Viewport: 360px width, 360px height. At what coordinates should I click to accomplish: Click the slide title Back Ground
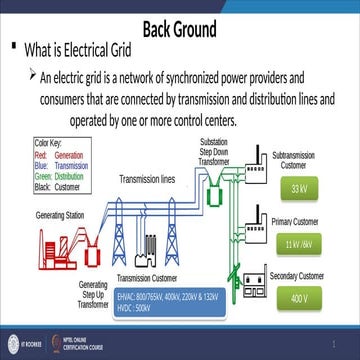[180, 27]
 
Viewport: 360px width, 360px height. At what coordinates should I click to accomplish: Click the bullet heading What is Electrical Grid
[89, 49]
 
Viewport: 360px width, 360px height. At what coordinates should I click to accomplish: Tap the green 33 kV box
[297, 189]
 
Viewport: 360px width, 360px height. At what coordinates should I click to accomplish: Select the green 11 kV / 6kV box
[298, 244]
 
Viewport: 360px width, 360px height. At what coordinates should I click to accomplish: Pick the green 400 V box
[297, 298]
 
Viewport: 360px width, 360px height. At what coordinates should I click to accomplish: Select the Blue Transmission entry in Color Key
[63, 167]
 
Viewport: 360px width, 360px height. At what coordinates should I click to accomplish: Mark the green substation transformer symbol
[211, 197]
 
